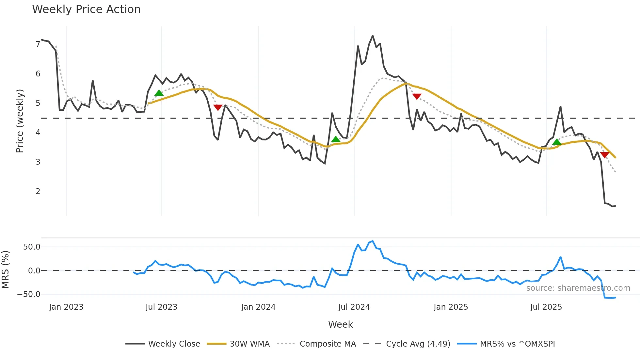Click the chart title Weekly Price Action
click(x=86, y=9)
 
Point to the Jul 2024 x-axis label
click(x=354, y=307)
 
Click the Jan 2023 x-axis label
click(x=66, y=307)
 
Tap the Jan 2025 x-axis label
click(x=451, y=307)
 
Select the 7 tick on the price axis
click(x=38, y=44)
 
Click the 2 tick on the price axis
click(x=38, y=191)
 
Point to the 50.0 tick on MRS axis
click(x=32, y=247)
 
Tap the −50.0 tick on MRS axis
click(x=29, y=294)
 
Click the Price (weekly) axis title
click(x=20, y=121)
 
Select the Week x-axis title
click(x=340, y=324)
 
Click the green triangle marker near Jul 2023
click(x=159, y=93)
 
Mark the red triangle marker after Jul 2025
click(x=605, y=155)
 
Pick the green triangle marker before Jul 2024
click(x=336, y=139)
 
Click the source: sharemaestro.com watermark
click(x=578, y=288)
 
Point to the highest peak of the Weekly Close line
click(x=373, y=36)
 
